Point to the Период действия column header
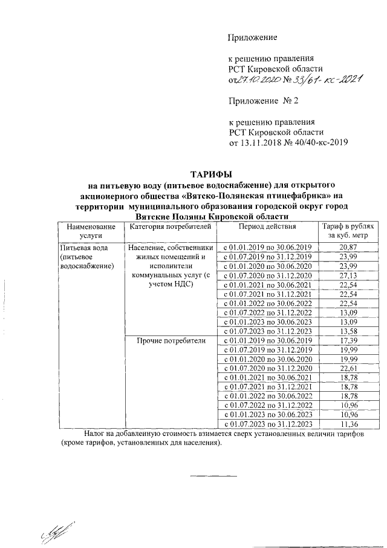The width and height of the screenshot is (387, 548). pyautogui.click(x=267, y=226)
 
